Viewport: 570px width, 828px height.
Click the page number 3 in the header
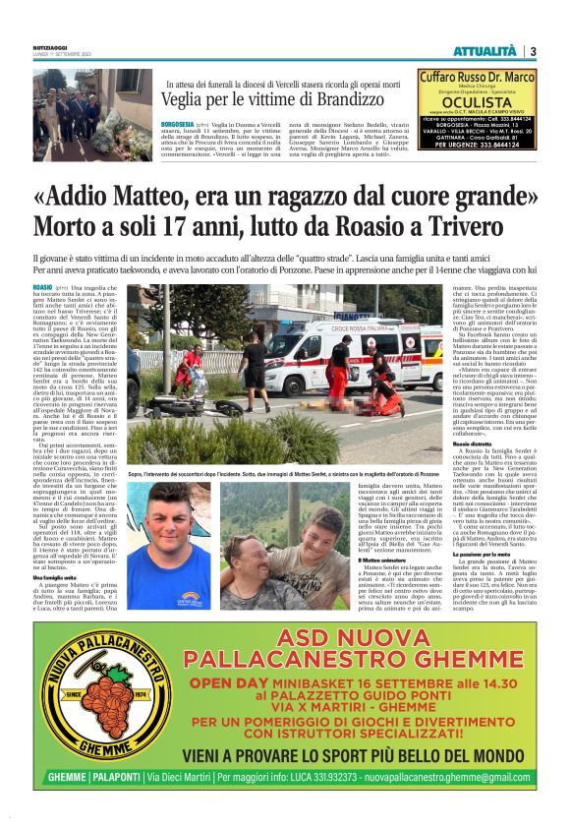tap(532, 50)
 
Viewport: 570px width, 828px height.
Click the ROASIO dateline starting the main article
tap(43, 286)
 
